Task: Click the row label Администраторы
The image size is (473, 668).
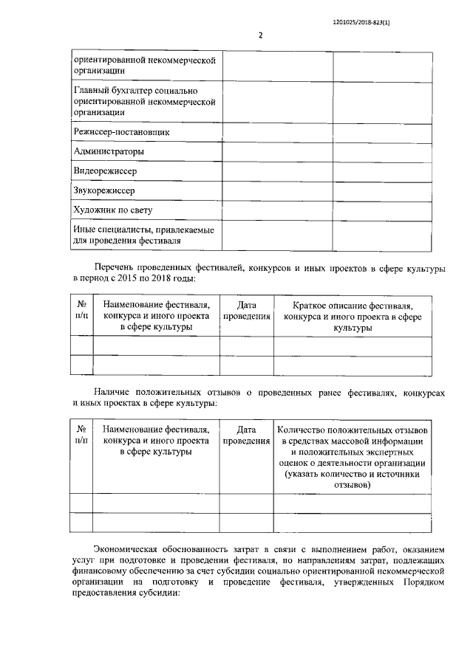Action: [109, 151]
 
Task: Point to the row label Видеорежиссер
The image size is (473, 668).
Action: [105, 171]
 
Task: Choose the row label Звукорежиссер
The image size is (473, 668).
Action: [104, 190]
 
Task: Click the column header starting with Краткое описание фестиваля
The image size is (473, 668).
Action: [352, 315]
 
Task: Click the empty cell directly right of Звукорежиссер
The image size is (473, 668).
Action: [276, 190]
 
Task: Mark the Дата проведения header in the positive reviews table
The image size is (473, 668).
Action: [246, 435]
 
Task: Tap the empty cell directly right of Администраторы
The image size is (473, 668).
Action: [276, 151]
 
